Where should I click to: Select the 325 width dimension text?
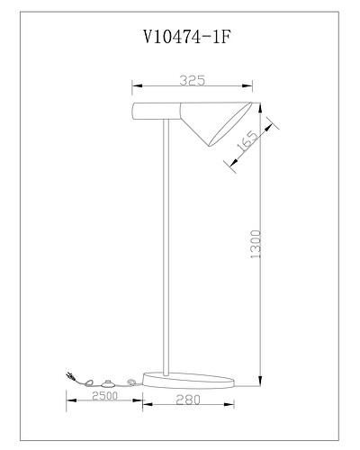[x=192, y=80]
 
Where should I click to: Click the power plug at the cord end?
[x=69, y=377]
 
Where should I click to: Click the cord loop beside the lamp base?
[x=133, y=382]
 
